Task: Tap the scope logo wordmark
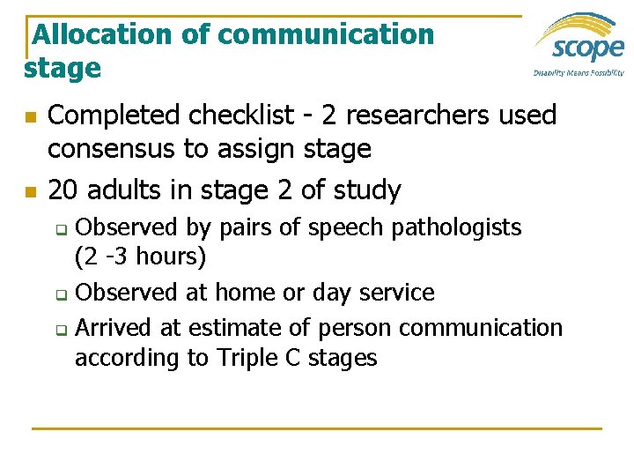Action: coord(580,45)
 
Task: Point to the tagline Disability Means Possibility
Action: coord(579,73)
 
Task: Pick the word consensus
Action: coord(111,150)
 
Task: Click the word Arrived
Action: coord(114,328)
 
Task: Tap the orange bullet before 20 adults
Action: coord(30,191)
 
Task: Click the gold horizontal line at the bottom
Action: coord(317,428)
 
